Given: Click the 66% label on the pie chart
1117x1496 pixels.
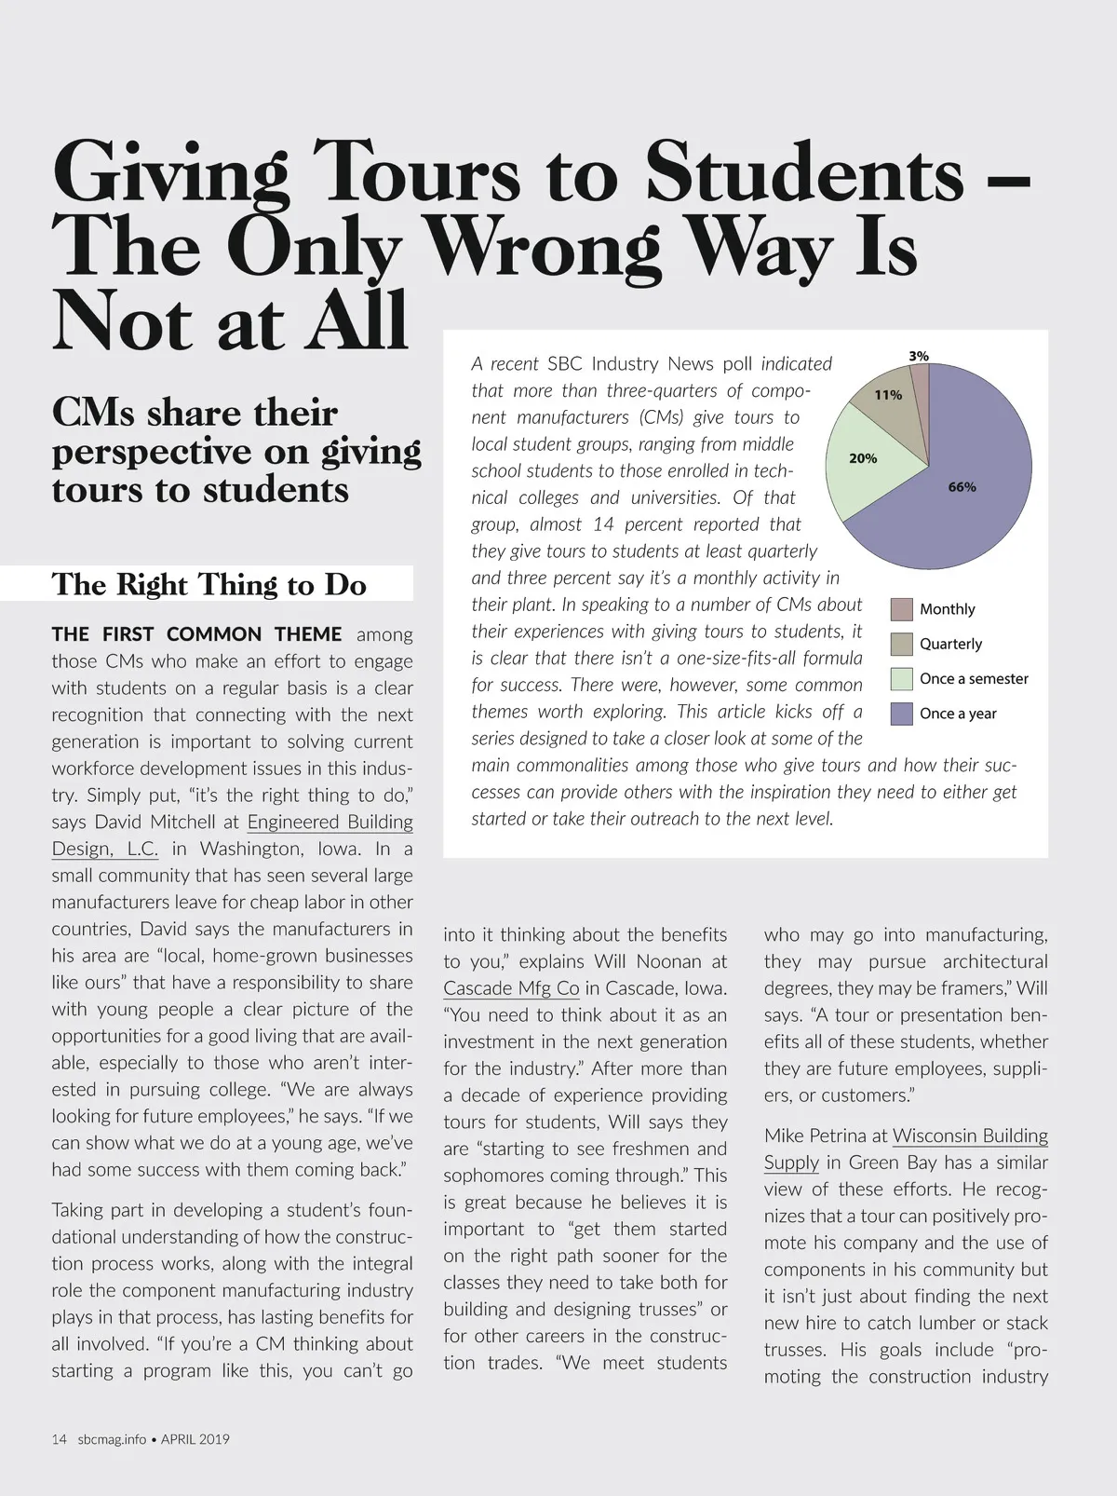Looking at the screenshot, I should [962, 487].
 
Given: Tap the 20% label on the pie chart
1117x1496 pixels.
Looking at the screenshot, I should [863, 458].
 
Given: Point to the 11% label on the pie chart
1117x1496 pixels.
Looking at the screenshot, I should [888, 395].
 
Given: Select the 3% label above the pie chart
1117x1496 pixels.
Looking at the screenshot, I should [919, 356].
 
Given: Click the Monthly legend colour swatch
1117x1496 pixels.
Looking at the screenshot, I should [901, 609].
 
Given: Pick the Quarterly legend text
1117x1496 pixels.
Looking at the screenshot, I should [950, 644].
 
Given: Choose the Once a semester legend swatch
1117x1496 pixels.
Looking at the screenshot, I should [901, 679].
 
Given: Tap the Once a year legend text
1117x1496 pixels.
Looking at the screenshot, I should [958, 714].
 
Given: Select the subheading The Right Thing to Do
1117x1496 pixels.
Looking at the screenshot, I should [209, 584].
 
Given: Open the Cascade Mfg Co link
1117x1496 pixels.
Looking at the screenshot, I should [511, 988].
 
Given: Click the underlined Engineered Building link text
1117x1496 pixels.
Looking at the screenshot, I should [330, 822].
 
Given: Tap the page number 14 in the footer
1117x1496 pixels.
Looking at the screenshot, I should [59, 1438].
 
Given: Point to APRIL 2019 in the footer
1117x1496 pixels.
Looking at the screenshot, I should [195, 1438].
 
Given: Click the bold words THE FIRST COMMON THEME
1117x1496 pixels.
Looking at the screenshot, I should [196, 634].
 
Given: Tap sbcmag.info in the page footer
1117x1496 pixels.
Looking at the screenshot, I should [113, 1438].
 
